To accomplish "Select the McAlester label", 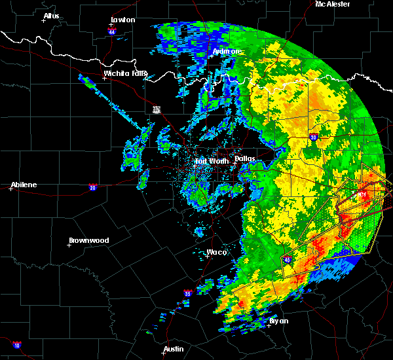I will point(333,4).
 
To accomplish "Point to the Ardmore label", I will point(227,51).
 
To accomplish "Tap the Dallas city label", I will point(244,158).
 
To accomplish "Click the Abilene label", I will point(24,185).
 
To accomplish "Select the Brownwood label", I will point(89,240).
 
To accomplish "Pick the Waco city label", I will point(217,252).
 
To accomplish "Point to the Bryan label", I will point(279,321).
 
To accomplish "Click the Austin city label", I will point(174,349).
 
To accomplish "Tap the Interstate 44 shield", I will point(112,31).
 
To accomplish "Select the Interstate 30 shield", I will point(312,137).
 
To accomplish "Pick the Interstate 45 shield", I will point(286,260).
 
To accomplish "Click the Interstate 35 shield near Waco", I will point(187,293).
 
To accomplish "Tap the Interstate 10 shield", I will point(16,344).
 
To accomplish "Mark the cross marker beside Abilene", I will point(11,189).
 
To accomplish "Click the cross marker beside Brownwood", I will point(69,245).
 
